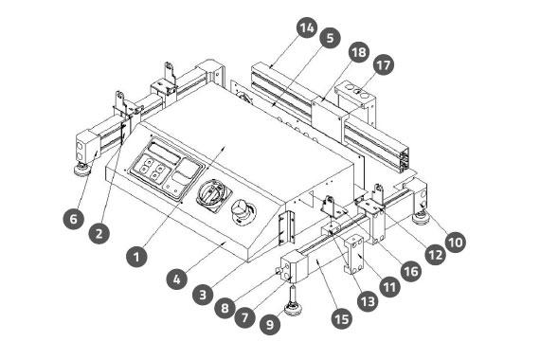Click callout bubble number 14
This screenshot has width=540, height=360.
[307, 27]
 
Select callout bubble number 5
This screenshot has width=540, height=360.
[330, 38]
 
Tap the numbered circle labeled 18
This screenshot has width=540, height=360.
[359, 52]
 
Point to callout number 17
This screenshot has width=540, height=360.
[384, 64]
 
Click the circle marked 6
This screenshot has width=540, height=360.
[74, 219]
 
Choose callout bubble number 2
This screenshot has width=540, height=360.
[99, 233]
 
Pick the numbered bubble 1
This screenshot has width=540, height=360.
[136, 257]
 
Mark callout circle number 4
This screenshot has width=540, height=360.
[176, 279]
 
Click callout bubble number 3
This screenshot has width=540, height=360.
[203, 295]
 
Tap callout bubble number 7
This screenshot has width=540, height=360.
[245, 317]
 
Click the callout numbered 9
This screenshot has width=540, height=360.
[270, 324]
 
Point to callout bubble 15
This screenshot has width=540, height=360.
[342, 318]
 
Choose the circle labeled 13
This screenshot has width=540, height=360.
[368, 301]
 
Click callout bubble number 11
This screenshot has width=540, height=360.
[390, 287]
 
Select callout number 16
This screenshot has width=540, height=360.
[411, 271]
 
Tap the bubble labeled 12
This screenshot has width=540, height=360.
[435, 255]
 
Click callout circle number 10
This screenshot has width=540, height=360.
[456, 243]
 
